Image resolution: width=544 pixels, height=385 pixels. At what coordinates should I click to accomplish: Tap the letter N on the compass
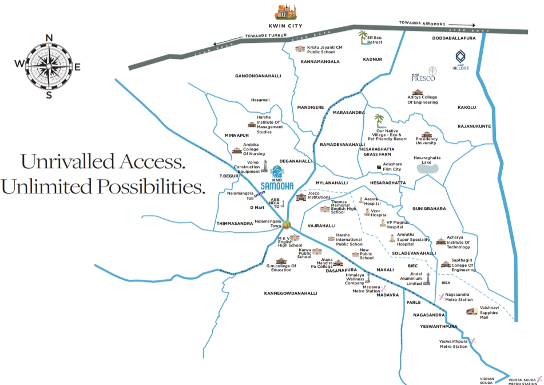[x=49, y=39]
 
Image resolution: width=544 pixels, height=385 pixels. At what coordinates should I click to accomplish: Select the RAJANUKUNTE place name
[x=475, y=125]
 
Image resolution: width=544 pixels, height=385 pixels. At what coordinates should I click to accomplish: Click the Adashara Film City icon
[x=379, y=167]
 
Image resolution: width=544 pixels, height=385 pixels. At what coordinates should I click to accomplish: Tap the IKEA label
[x=447, y=282]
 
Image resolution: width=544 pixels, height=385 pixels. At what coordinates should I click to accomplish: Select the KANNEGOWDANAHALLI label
[x=290, y=293]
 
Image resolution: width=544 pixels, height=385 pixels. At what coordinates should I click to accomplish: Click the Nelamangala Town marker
[x=286, y=224]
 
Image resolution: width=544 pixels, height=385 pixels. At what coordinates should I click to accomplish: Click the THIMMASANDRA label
[x=235, y=223]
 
